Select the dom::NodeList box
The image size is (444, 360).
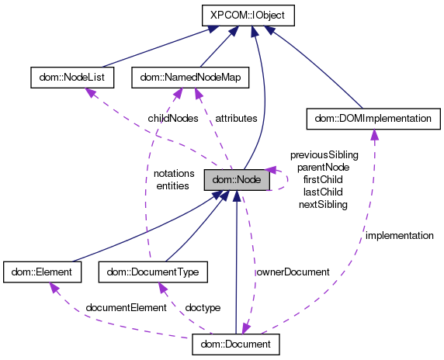click(x=71, y=77)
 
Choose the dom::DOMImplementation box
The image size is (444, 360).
click(x=374, y=118)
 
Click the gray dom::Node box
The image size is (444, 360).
click(x=237, y=180)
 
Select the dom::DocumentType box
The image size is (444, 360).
click(x=153, y=272)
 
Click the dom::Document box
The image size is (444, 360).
click(x=235, y=342)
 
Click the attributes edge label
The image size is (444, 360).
click(x=238, y=119)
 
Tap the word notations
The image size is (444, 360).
click(x=174, y=173)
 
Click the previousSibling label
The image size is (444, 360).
click(x=324, y=154)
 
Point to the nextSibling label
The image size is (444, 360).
click(x=323, y=204)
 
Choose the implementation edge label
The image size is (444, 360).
click(x=400, y=235)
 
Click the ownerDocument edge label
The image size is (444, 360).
click(x=293, y=272)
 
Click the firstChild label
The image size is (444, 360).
click(x=324, y=179)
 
